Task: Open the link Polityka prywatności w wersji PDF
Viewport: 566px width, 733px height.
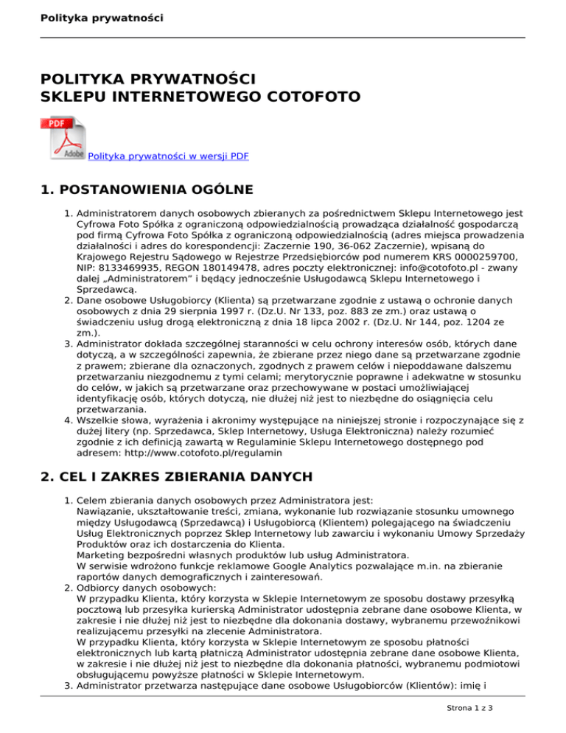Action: tap(168, 156)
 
